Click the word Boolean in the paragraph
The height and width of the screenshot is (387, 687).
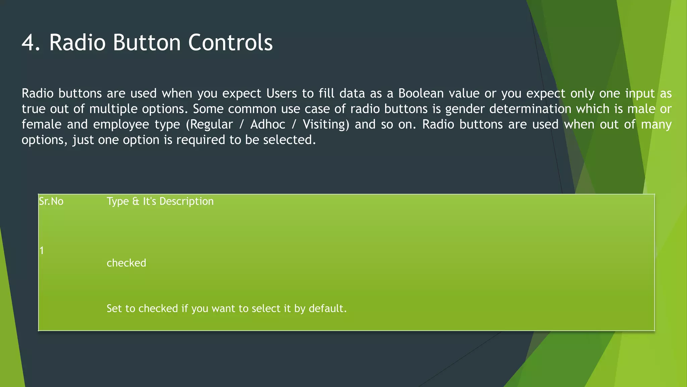tap(421, 93)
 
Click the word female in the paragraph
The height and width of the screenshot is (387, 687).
tap(41, 125)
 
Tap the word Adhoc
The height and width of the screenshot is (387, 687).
tap(268, 125)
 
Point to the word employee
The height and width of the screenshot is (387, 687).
tap(121, 125)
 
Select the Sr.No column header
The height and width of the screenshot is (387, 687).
tap(51, 201)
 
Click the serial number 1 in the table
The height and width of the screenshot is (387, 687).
tap(42, 251)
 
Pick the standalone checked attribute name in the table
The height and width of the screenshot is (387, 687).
tap(126, 263)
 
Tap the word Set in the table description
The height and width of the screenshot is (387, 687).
tap(114, 308)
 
